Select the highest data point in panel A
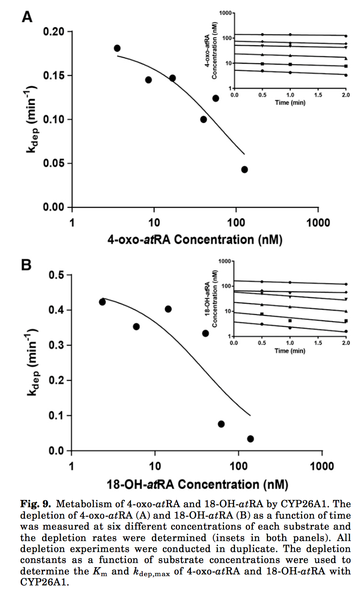click(x=117, y=48)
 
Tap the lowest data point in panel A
click(x=245, y=170)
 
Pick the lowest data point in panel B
click(x=250, y=438)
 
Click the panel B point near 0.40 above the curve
click(x=168, y=309)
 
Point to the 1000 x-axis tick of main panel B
click(x=321, y=465)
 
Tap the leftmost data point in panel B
click(x=102, y=302)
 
